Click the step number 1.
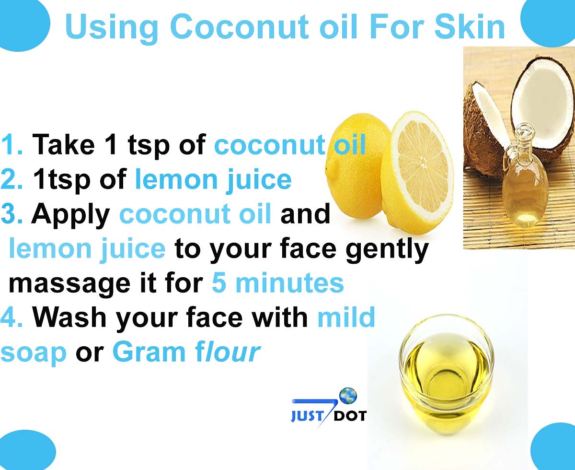[x=11, y=145]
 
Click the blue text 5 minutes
[x=278, y=283]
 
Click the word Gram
[x=149, y=352]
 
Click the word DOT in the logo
[x=350, y=415]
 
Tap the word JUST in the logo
[x=307, y=416]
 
